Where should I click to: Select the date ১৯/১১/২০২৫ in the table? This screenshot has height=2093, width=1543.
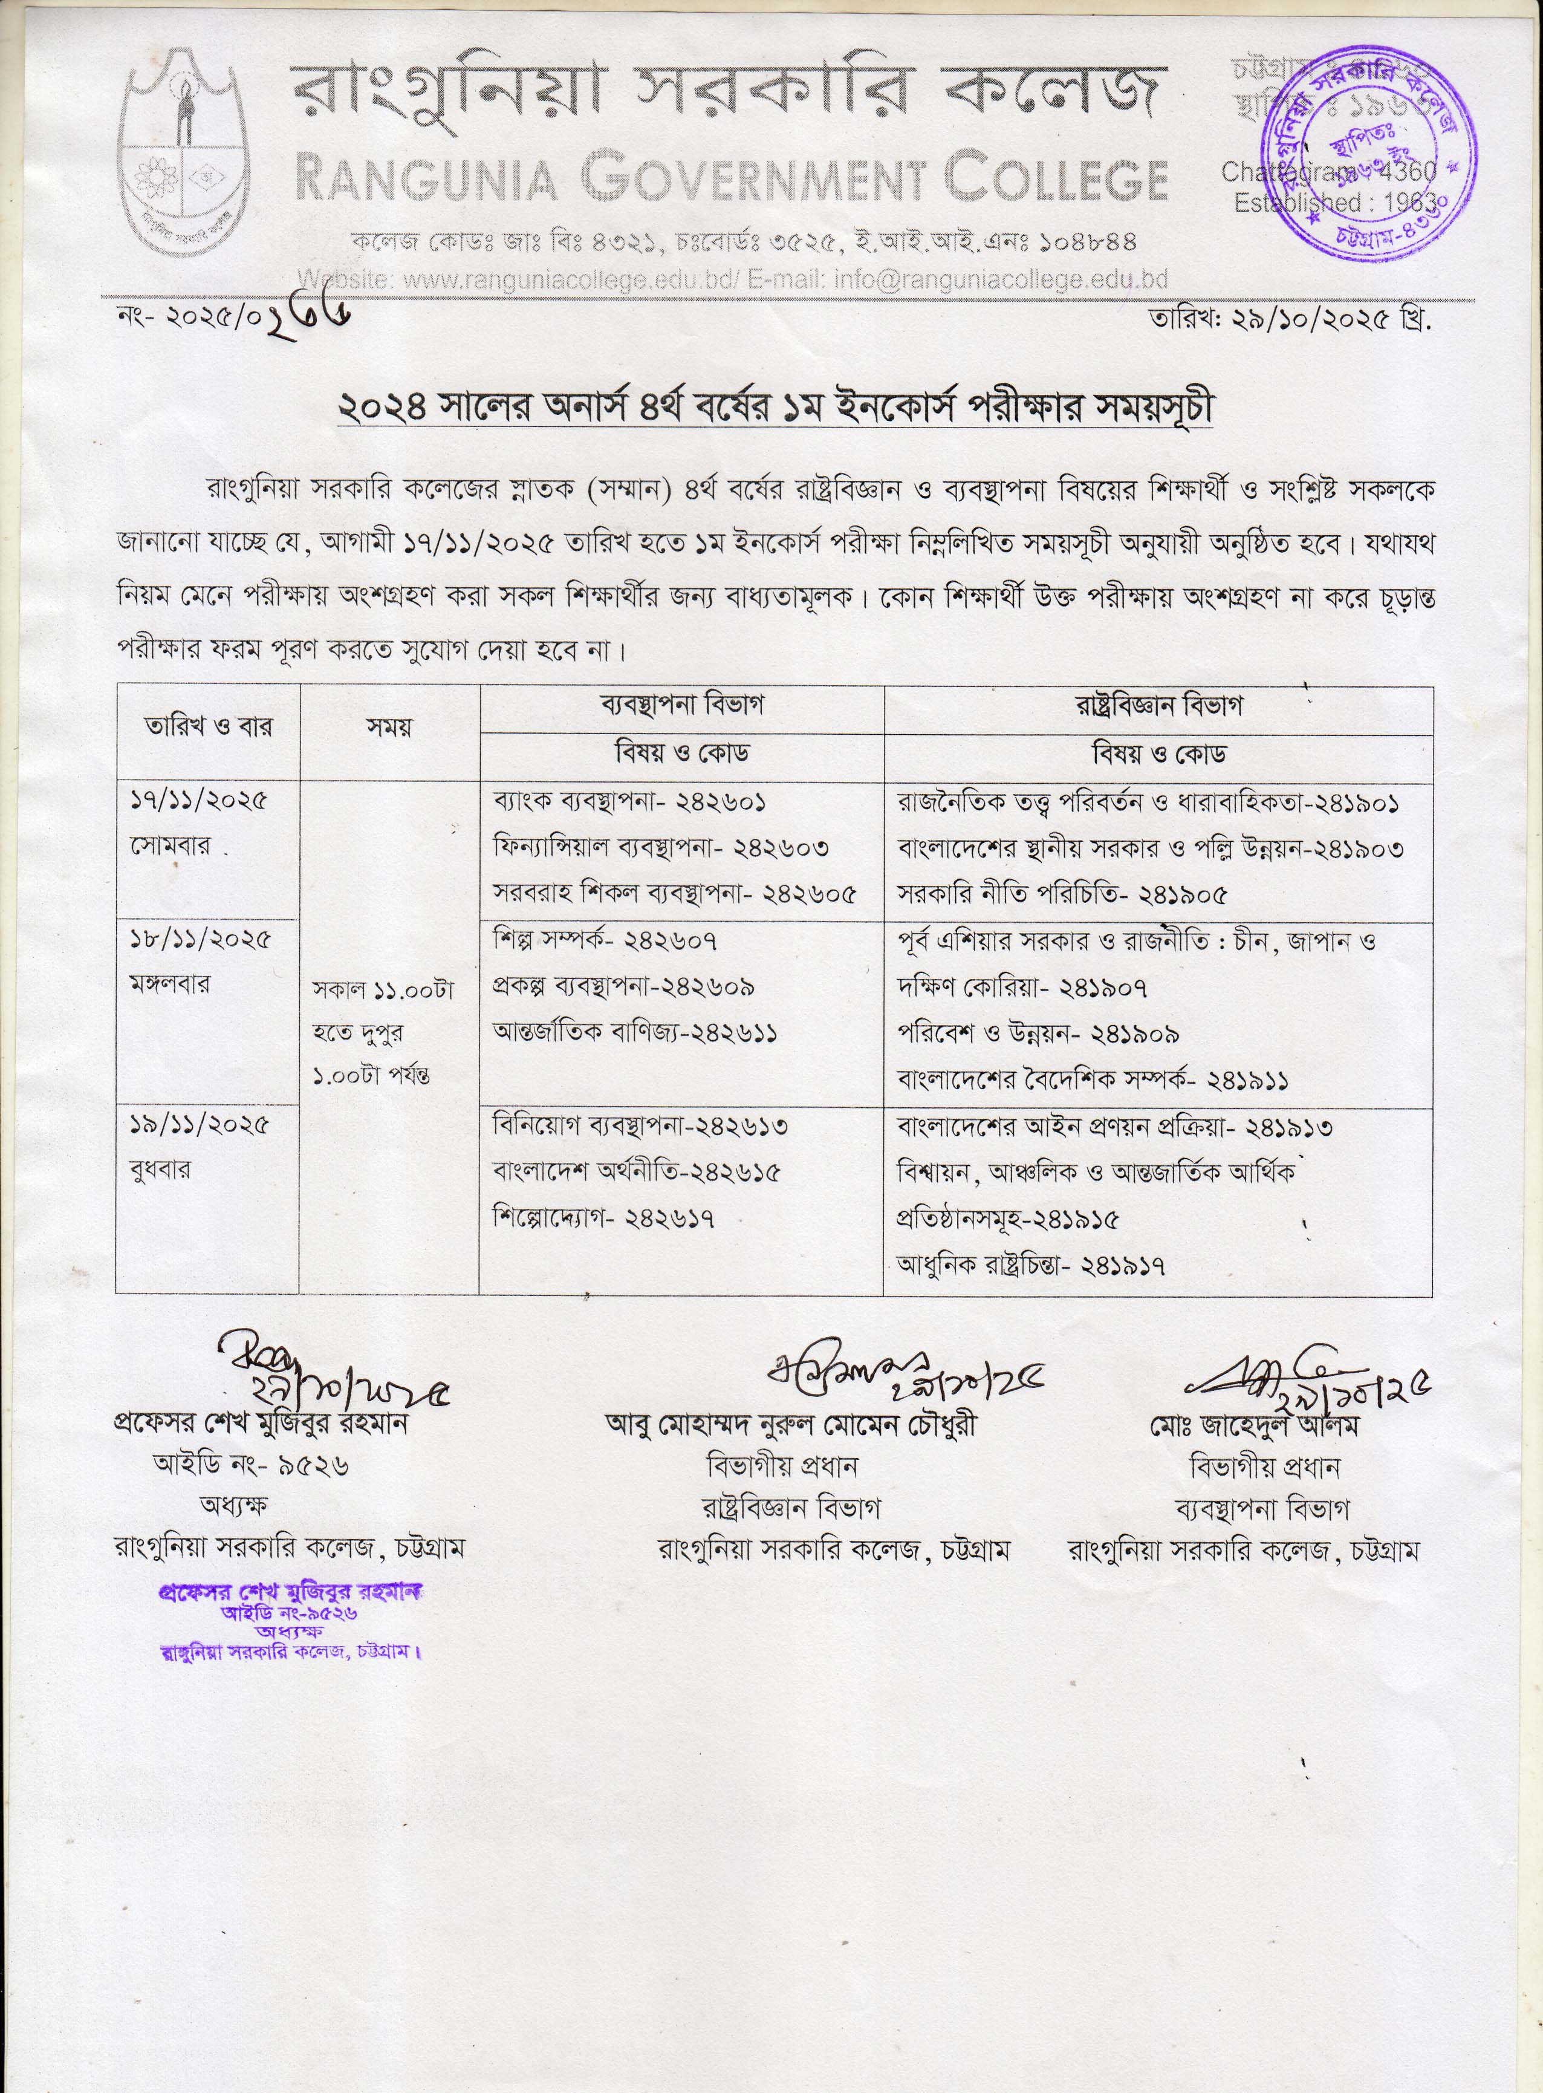point(199,1125)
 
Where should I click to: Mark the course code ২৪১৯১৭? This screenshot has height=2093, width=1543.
point(1123,1266)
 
